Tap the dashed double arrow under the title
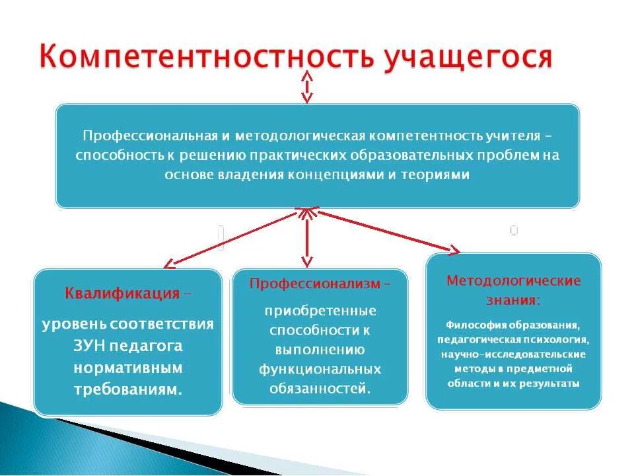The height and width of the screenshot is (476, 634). pyautogui.click(x=306, y=87)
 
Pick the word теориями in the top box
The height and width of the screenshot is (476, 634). pyautogui.click(x=435, y=175)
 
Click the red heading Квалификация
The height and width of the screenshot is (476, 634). pyautogui.click(x=122, y=294)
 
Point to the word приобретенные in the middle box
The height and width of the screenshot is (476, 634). pyautogui.click(x=320, y=311)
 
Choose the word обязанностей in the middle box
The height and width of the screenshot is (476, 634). pyautogui.click(x=320, y=388)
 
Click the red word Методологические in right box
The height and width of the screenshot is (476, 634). pyautogui.click(x=513, y=280)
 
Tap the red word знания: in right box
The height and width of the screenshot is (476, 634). pyautogui.click(x=513, y=300)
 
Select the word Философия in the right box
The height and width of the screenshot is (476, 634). pyautogui.click(x=474, y=325)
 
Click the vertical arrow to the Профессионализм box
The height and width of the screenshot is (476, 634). pyautogui.click(x=306, y=238)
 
